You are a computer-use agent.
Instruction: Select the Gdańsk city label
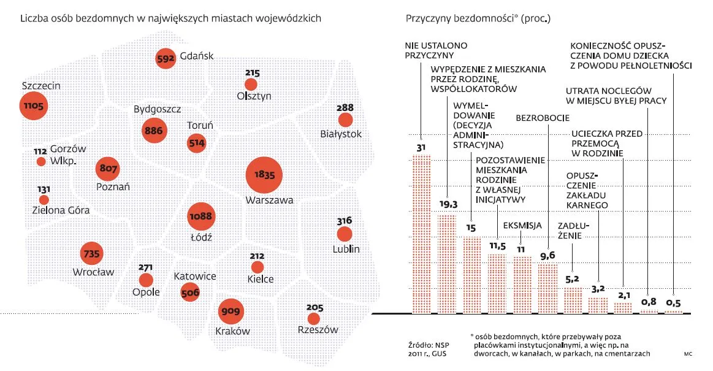[x=197, y=56]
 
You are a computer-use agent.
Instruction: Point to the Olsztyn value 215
[x=252, y=73]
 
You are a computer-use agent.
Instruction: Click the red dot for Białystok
[x=346, y=120]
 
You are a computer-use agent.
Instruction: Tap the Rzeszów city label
[x=317, y=330]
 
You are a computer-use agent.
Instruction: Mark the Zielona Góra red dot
[x=44, y=199]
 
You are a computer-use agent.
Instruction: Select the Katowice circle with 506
[x=191, y=293]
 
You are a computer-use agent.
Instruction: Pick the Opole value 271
[x=147, y=268]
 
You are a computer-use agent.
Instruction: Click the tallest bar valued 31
[x=421, y=233]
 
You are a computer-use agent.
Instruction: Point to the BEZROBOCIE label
[x=543, y=118]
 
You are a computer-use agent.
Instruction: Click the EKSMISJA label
[x=522, y=226]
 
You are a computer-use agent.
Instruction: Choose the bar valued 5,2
[x=572, y=300]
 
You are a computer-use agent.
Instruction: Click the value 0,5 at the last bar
[x=674, y=301]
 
